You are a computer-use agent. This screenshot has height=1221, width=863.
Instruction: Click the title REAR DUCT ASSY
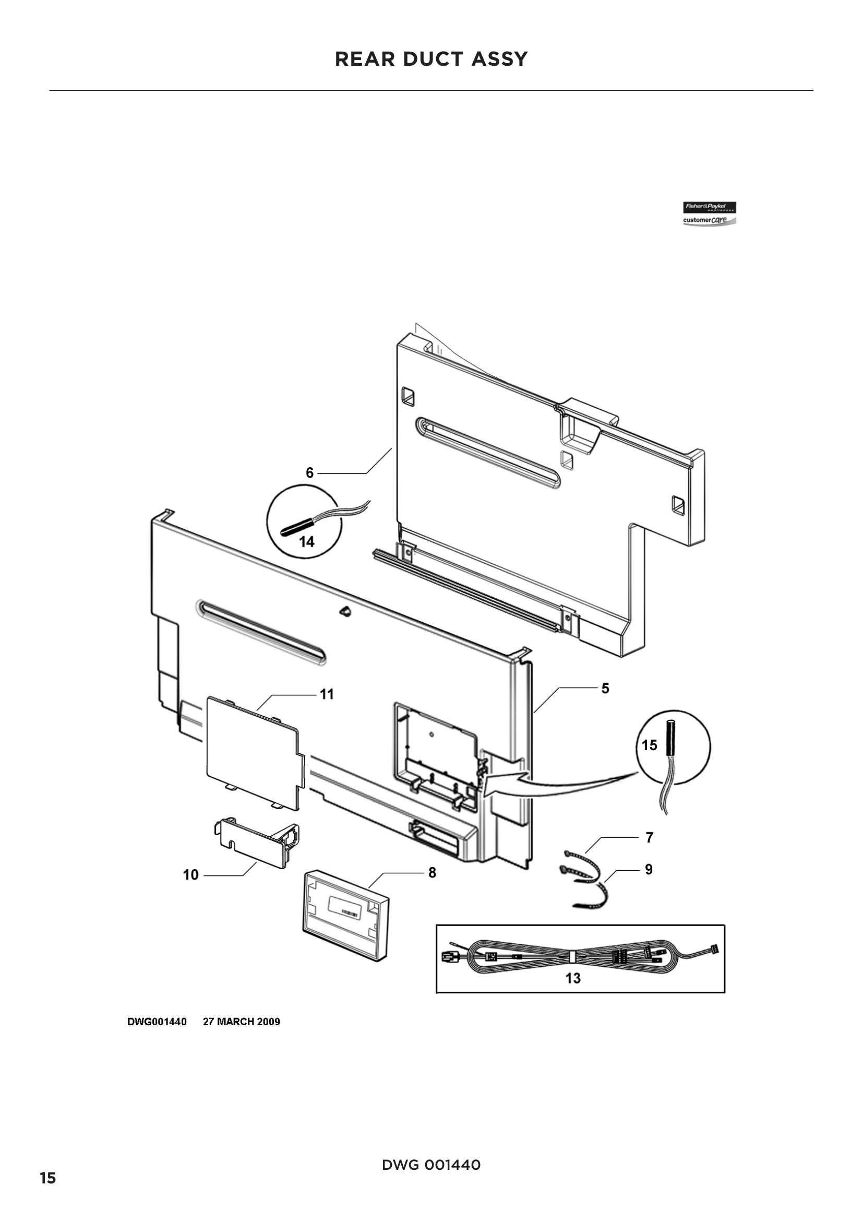(431, 59)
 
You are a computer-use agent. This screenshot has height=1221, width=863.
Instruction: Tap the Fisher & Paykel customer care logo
(709, 214)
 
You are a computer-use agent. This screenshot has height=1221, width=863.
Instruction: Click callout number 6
(310, 473)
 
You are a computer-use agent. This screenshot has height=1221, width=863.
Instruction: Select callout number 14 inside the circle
(307, 542)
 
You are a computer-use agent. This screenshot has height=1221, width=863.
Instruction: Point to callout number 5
(605, 688)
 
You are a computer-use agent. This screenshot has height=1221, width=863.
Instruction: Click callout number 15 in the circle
(650, 745)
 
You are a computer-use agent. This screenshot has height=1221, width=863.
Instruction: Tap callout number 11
(326, 694)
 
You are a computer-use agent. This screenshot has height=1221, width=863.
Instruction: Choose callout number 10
(190, 875)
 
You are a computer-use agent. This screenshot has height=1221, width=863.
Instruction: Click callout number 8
(432, 873)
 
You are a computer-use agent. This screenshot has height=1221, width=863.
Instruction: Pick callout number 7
(649, 837)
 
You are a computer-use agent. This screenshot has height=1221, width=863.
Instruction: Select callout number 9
(649, 869)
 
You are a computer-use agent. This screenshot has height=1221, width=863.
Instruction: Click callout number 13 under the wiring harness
(573, 978)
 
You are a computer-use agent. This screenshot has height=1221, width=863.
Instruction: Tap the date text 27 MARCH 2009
(241, 1022)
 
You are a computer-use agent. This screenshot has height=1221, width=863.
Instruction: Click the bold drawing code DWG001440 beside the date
(157, 1022)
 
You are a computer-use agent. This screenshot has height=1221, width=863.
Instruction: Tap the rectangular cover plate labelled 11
(253, 753)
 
